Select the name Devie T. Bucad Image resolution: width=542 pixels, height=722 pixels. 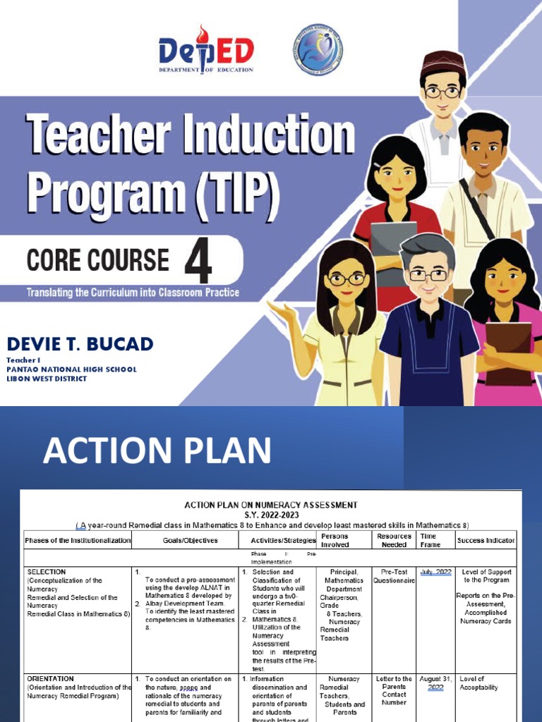coord(80,344)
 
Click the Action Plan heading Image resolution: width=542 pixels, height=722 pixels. coord(157,450)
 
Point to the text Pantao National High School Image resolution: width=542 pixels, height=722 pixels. coord(71,369)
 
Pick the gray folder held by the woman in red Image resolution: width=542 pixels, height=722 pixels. coord(394,243)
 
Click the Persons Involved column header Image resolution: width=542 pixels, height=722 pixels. coord(335,540)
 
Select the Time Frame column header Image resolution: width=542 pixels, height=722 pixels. coord(428,540)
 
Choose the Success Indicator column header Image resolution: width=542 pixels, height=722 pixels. coord(486,541)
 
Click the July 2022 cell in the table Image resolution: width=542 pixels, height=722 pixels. coord(435,572)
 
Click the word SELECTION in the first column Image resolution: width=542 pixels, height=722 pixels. coord(46,572)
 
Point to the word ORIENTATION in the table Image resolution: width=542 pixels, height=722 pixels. coord(50,679)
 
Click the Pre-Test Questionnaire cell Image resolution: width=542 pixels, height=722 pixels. coord(394,576)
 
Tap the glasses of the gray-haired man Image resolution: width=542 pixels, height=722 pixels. coord(428,274)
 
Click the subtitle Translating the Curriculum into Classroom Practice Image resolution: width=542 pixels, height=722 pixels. coord(133,292)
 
